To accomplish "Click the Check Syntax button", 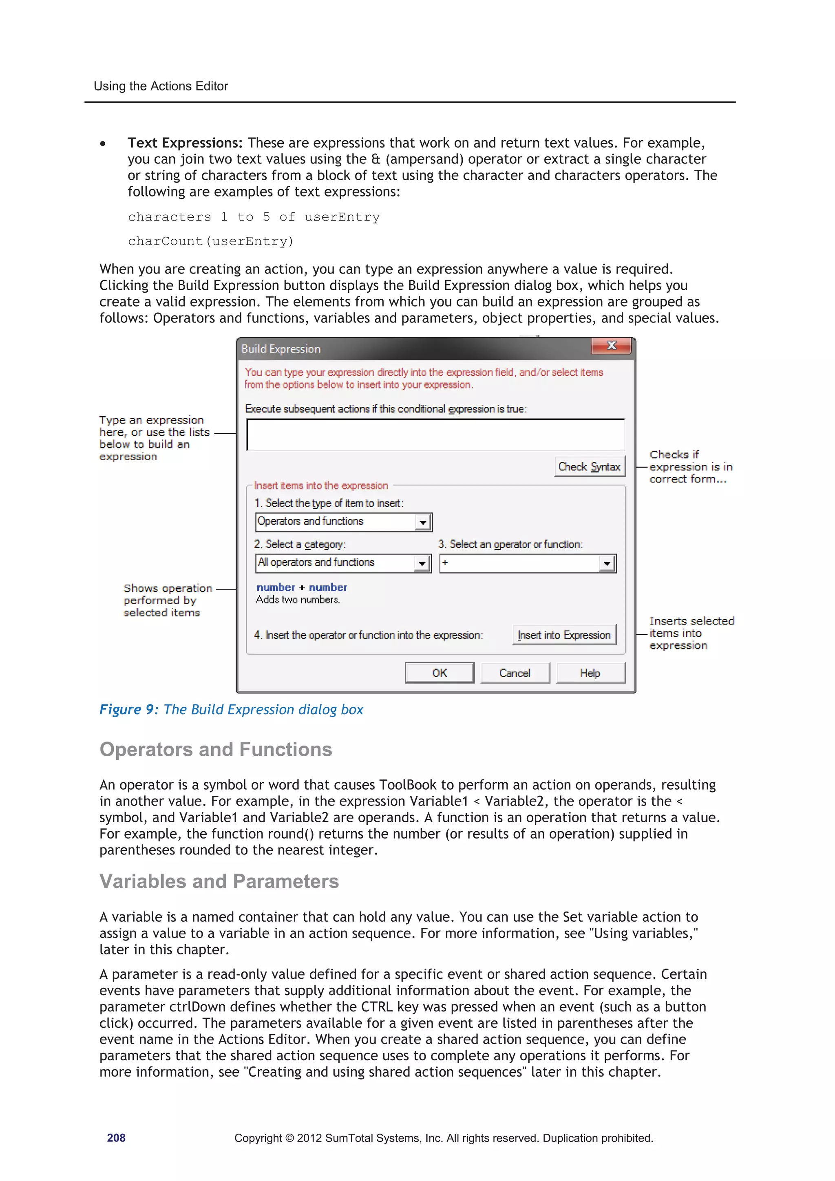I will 589,466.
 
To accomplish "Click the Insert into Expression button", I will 564,635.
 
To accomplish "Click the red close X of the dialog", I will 611,346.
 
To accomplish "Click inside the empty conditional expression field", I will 435,435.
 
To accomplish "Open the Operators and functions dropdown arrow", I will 422,523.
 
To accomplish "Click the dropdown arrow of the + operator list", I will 607,564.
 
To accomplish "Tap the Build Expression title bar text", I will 281,349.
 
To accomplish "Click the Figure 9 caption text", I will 231,709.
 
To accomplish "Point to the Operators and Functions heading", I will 216,749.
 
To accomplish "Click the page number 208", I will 116,1138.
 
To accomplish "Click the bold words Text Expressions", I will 185,143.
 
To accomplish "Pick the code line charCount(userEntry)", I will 210,241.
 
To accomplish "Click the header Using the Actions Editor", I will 161,86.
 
